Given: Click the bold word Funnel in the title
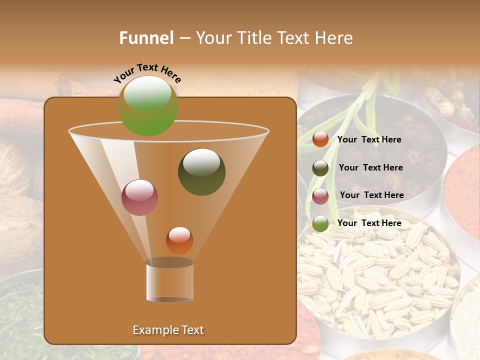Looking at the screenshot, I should pos(146,38).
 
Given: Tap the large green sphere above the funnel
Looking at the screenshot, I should pos(147,106).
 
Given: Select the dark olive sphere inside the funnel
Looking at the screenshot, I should pos(201,171).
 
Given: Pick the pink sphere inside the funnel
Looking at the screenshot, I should pos(139,197).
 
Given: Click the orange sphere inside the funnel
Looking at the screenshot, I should pos(179,240).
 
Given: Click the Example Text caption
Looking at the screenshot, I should pos(168,330).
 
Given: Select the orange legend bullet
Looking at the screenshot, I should pos(320,139).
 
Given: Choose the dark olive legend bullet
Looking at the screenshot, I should pos(320,168).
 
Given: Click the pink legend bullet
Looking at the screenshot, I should pos(320,196).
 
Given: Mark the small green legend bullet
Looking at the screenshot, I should pos(320,223).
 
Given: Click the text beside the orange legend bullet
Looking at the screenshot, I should pos(369,140).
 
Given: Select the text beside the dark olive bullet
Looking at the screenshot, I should pos(370,168).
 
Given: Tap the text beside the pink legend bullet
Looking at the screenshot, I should pos(371,195).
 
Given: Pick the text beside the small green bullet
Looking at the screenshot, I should pos(369,223).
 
